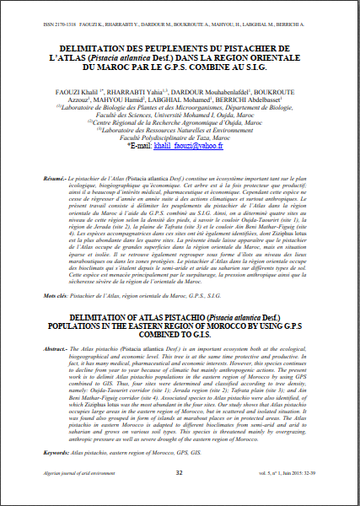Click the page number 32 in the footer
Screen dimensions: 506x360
[x=179, y=496]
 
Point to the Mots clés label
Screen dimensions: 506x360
[x=56, y=298]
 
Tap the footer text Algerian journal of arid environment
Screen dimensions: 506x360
[x=65, y=496]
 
